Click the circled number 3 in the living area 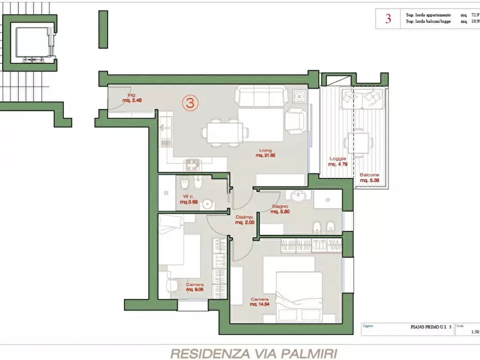pyautogui.click(x=190, y=102)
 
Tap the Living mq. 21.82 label pyautogui.click(x=265, y=153)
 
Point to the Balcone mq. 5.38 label pyautogui.click(x=370, y=178)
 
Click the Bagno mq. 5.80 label pyautogui.click(x=280, y=209)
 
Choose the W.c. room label pyautogui.click(x=188, y=199)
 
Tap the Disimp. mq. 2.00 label pyautogui.click(x=245, y=219)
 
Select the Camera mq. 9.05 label pyautogui.click(x=194, y=287)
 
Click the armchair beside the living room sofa pyautogui.click(x=295, y=120)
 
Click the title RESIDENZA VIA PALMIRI pyautogui.click(x=254, y=353)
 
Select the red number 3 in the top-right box pyautogui.click(x=388, y=19)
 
